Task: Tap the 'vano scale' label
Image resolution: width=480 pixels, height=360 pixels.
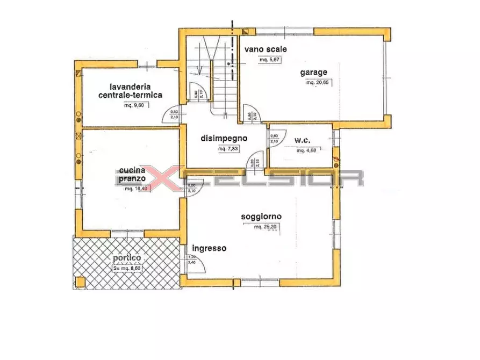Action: (x=266, y=49)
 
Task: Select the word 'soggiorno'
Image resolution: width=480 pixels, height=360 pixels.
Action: (x=262, y=217)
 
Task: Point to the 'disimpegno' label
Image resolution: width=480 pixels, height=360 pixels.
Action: (x=224, y=138)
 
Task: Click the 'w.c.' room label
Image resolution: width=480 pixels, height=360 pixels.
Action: (x=303, y=141)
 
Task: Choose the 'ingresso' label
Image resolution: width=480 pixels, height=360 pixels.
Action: (x=209, y=249)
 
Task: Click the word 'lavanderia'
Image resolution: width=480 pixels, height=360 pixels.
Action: (x=130, y=86)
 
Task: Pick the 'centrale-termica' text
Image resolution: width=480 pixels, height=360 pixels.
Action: (x=130, y=95)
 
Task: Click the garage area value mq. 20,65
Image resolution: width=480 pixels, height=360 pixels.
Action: (x=318, y=83)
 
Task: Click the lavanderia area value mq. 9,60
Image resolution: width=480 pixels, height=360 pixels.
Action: (x=134, y=105)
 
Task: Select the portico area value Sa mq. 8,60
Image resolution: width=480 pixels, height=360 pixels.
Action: (x=127, y=268)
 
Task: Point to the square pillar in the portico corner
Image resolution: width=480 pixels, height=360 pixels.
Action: (x=80, y=282)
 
